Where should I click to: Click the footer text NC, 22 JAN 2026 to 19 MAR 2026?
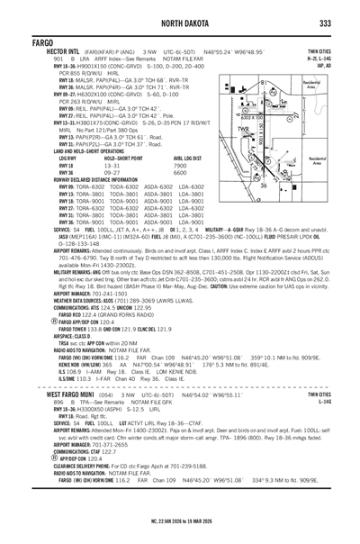click(x=179, y=528)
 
